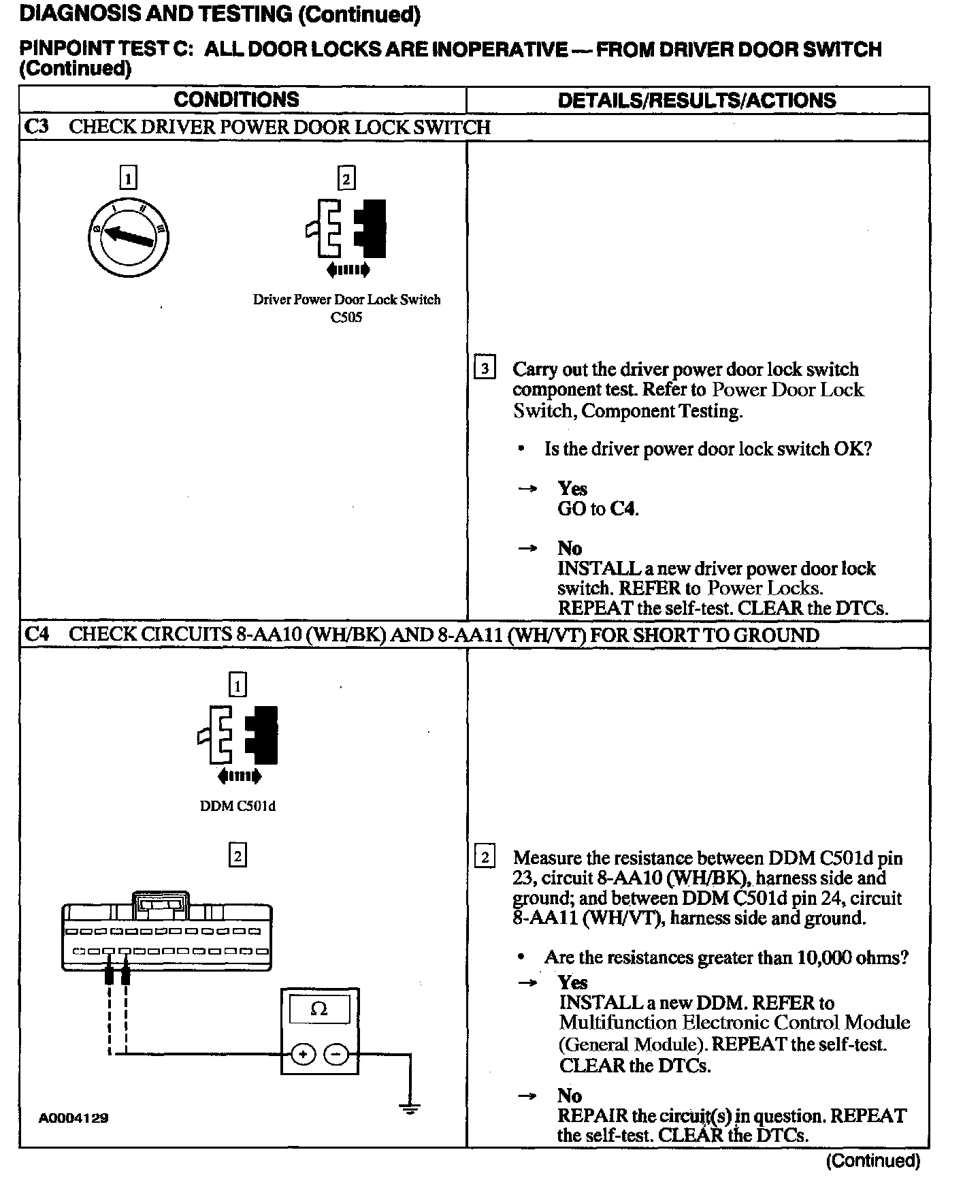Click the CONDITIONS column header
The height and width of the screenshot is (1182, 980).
coord(236,99)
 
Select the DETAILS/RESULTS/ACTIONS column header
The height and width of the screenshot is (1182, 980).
coord(696,100)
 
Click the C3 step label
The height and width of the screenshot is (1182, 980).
coord(37,127)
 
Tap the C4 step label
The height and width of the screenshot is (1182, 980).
coord(37,635)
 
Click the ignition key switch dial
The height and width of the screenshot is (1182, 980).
coord(128,238)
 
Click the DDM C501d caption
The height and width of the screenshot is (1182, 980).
coord(238,806)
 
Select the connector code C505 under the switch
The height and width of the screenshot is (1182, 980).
coord(346,317)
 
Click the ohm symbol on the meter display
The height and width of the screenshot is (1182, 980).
coord(318,1009)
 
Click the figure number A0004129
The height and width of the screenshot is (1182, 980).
coord(73,1118)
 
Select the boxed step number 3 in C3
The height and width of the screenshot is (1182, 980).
coord(484,369)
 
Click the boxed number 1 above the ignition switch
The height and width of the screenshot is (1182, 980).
coord(128,178)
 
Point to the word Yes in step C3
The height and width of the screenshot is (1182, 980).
coord(572,488)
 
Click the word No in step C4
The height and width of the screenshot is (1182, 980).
coord(570,1096)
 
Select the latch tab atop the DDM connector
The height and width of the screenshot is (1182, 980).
coord(161,903)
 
